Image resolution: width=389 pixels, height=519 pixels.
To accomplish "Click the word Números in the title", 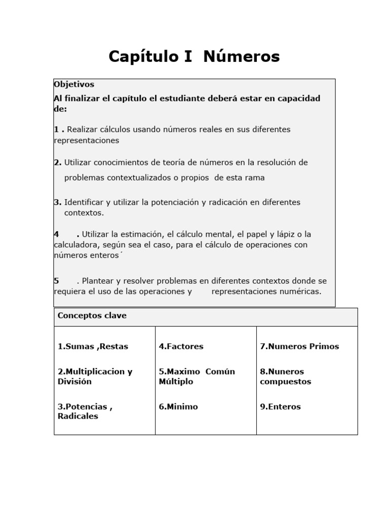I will (x=242, y=57).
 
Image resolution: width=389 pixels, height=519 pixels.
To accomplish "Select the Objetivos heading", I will (x=74, y=85).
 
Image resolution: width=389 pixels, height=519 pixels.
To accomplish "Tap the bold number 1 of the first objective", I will (x=56, y=130).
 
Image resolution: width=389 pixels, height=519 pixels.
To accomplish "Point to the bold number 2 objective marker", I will (x=57, y=163).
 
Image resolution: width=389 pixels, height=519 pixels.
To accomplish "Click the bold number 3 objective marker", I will (x=57, y=202).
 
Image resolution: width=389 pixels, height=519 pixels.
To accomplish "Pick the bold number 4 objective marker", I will (x=56, y=234).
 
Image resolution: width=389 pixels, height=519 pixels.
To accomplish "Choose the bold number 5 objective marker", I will (x=56, y=281).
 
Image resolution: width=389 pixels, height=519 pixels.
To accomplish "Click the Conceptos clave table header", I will (x=92, y=316).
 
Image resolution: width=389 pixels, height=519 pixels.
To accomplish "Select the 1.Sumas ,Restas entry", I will (x=93, y=347).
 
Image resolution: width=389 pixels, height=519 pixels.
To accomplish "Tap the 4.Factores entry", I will (x=181, y=347).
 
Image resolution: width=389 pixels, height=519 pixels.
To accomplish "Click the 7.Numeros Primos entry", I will (x=299, y=347).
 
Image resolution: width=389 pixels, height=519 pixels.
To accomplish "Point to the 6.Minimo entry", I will (x=178, y=406).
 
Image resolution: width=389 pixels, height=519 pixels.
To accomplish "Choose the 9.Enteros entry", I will (x=280, y=406).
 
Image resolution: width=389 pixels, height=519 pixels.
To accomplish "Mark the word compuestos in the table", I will (x=285, y=382).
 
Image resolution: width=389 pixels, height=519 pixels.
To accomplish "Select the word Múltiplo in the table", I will (x=176, y=382).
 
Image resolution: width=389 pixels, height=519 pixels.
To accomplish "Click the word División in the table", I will (x=74, y=382).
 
